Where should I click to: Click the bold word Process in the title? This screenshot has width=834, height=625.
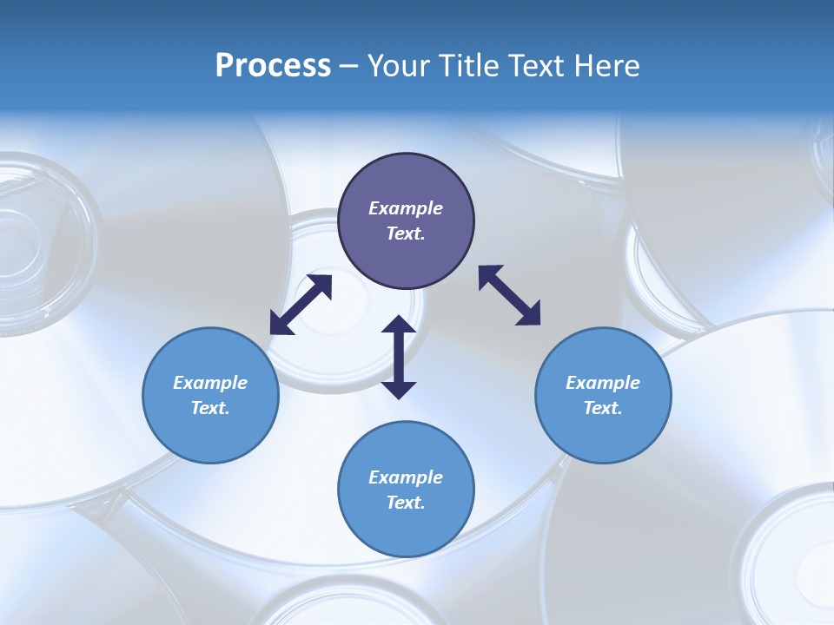point(273,66)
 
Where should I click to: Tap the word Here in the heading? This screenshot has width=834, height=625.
point(606,66)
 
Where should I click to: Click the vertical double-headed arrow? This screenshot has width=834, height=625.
point(399,358)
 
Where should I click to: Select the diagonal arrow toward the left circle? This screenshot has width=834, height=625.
point(301,305)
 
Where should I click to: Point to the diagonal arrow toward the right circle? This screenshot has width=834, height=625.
point(509,295)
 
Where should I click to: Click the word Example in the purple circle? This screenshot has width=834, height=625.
point(406,208)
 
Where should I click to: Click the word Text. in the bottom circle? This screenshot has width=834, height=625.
point(406,503)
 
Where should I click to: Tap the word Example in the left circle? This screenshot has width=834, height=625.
point(210,383)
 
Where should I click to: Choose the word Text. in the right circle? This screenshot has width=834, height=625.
point(603,408)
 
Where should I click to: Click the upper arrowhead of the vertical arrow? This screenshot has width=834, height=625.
point(399,326)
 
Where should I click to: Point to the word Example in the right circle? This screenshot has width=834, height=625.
point(603,383)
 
